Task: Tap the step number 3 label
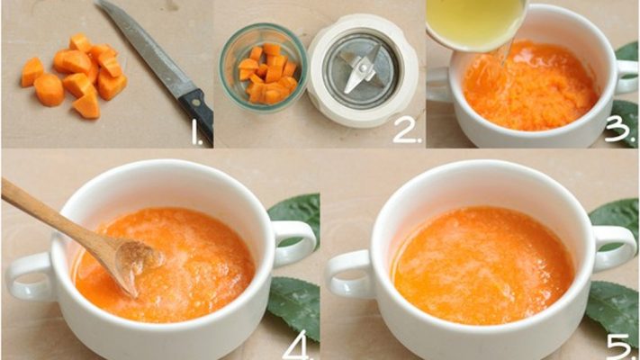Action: pyautogui.click(x=618, y=130)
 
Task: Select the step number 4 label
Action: pyautogui.click(x=298, y=343)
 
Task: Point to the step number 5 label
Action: pyautogui.click(x=619, y=343)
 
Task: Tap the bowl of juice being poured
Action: pyautogui.click(x=475, y=20)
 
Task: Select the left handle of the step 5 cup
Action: pyautogui.click(x=347, y=271)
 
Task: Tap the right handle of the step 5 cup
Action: pyautogui.click(x=616, y=244)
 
